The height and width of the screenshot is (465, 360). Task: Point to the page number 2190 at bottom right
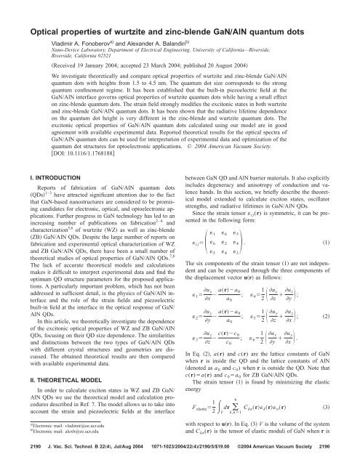point(345,456)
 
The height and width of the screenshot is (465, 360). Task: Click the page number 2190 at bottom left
point(15,456)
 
